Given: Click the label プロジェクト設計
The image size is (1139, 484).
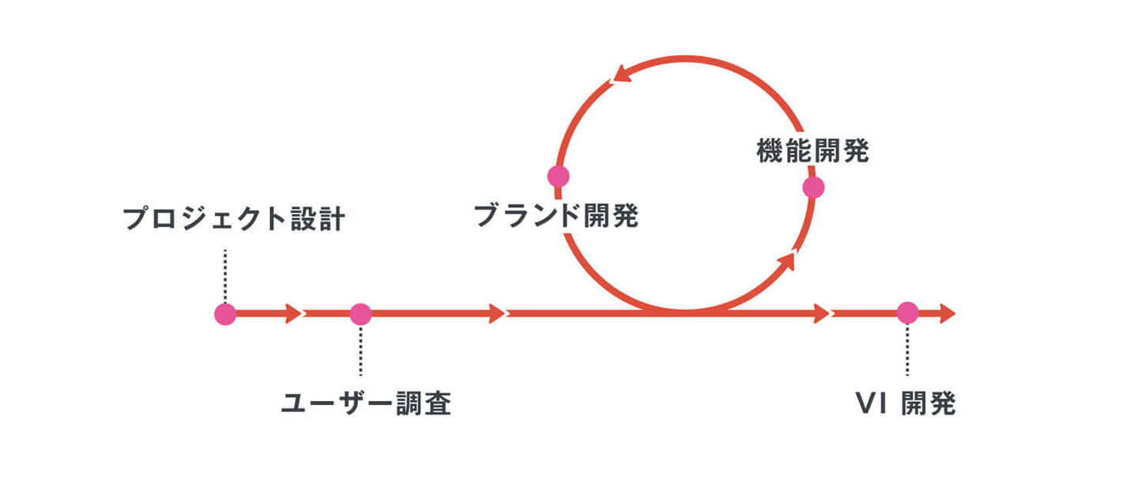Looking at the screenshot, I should coord(234,219).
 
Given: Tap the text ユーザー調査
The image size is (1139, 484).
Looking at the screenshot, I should coord(366,404).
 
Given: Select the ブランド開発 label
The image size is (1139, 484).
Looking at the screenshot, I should coord(556,215).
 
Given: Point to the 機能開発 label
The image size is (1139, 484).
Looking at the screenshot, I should coord(812,151).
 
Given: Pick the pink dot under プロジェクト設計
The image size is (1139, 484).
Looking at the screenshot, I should coord(225,314).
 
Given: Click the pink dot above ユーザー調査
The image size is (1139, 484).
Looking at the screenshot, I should coord(361,314).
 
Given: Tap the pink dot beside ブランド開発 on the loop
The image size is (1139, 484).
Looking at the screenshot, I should coord(558,176).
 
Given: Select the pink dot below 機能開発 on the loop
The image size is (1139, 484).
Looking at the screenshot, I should coord(813,187).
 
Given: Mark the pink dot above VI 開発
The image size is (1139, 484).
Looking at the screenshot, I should coord(907,313).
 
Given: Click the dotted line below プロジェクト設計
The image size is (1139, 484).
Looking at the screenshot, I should coord(225,275).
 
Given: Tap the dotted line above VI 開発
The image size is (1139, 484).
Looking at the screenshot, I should coord(907,350).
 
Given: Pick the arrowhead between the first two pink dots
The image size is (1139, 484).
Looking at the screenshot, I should coord(293,314).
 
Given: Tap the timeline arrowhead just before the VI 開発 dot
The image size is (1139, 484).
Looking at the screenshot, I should coord(820,314).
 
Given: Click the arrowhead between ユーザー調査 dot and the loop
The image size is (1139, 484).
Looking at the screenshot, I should coord(497,314).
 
